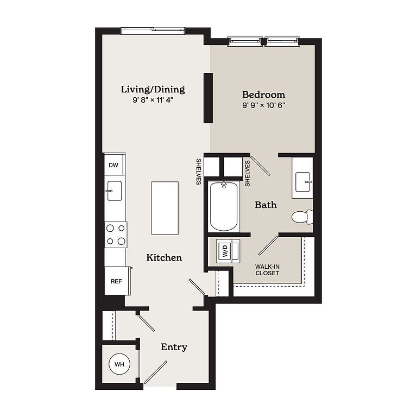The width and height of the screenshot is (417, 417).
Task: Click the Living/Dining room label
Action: pos(153,90)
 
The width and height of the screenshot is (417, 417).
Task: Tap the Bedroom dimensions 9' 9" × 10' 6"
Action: pos(263,105)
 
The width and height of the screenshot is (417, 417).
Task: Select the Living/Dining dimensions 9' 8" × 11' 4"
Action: pos(153,100)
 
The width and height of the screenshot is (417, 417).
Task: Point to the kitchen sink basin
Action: pos(115,191)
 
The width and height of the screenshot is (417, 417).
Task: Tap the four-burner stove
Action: pos(116,235)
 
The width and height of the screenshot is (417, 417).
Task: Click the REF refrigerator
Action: pos(117,281)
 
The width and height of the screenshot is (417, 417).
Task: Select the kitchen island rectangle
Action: pos(165,208)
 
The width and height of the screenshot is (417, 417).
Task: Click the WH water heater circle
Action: pos(119,364)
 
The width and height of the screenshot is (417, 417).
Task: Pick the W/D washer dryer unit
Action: pos(228,251)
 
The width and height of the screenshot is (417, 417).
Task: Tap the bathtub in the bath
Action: pos(223,207)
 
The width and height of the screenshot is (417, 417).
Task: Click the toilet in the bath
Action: pos(302,217)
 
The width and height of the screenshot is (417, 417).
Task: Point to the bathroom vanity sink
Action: pos(303,182)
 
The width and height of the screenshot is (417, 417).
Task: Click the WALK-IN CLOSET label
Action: pos(267,270)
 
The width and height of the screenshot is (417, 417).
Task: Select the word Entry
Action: pos(174,347)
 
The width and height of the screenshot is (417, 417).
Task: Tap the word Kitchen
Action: pos(164,257)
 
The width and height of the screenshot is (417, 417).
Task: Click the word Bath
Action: pos(266,205)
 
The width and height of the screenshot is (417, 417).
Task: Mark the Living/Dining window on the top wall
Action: pos(153,30)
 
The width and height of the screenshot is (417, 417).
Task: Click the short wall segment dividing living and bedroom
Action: pos(208,98)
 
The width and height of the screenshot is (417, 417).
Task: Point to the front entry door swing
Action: pos(156,372)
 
